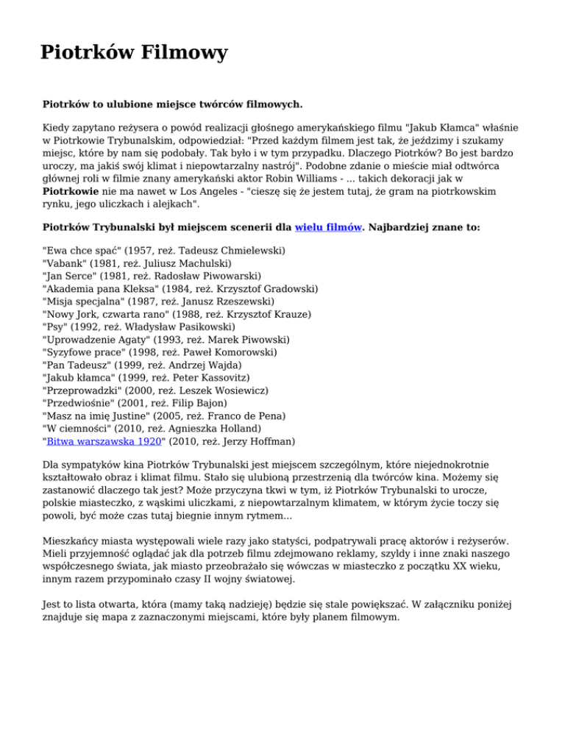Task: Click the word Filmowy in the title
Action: (182, 53)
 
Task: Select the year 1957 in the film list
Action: (136, 251)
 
